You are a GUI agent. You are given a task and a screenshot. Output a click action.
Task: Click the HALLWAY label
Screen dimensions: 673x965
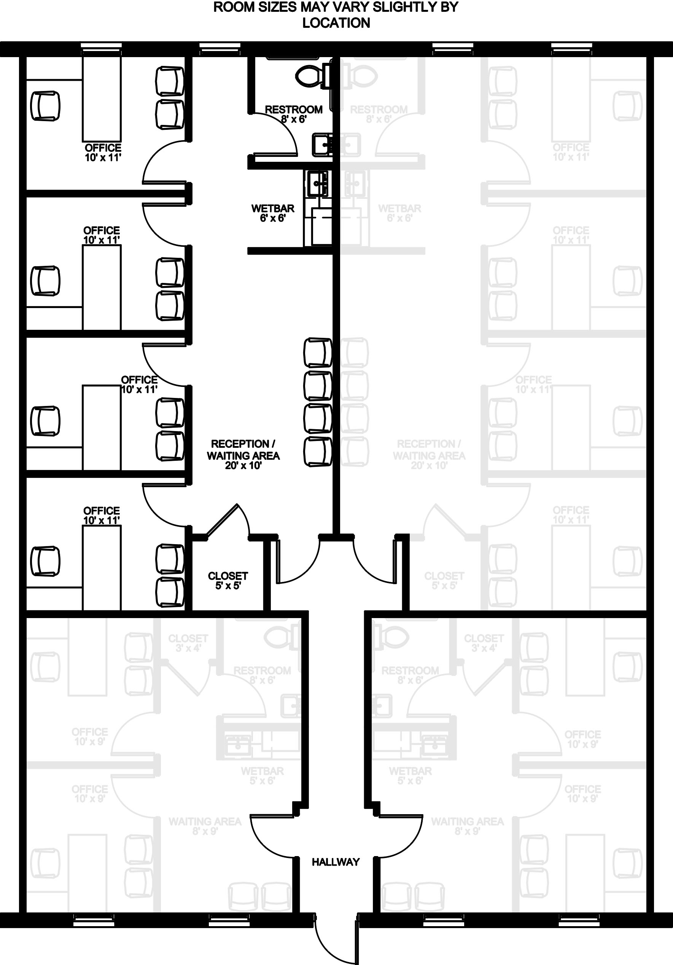tap(336, 862)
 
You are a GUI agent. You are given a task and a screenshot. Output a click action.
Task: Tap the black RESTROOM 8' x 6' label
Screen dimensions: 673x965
tap(293, 114)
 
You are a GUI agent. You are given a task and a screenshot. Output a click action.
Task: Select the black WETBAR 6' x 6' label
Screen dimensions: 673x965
tap(272, 213)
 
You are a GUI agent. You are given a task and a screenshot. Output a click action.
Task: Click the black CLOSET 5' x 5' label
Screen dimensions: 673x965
tap(228, 580)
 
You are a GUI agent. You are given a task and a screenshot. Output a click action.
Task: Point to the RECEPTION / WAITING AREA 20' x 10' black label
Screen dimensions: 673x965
tap(243, 455)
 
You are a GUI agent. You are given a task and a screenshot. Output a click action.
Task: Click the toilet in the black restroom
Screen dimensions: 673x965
tap(313, 75)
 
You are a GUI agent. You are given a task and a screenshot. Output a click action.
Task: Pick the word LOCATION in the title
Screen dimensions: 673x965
tap(336, 23)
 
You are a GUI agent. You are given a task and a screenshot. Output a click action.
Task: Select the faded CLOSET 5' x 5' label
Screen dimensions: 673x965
tap(444, 580)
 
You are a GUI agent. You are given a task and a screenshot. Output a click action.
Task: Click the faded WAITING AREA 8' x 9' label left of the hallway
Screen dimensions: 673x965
tap(205, 826)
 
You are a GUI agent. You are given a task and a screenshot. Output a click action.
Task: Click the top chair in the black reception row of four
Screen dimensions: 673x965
tap(318, 352)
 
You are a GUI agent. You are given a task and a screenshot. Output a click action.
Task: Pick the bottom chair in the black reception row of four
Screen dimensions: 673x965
tap(318, 452)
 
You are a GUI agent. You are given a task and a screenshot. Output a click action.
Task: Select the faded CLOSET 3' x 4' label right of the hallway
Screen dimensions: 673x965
tap(484, 643)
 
